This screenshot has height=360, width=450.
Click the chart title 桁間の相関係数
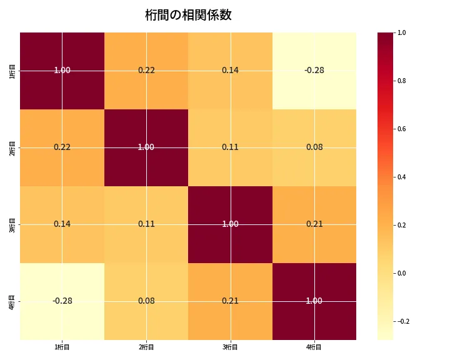pyautogui.click(x=188, y=15)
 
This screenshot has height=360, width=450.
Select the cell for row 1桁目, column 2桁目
pyautogui.click(x=146, y=70)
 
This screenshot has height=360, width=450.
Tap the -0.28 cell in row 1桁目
pyautogui.click(x=314, y=70)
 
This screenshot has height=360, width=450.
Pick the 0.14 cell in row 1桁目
pyautogui.click(x=230, y=70)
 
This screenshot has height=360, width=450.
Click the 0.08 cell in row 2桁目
pyautogui.click(x=314, y=147)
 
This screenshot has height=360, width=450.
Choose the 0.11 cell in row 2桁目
pyautogui.click(x=230, y=147)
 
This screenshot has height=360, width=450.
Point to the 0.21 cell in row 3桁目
pyautogui.click(x=314, y=224)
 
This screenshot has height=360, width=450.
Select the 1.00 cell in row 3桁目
pyautogui.click(x=230, y=224)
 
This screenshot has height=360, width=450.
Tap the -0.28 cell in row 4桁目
pyautogui.click(x=62, y=301)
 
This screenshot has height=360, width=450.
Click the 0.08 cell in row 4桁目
pyautogui.click(x=146, y=301)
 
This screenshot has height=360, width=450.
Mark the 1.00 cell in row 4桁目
pyautogui.click(x=314, y=301)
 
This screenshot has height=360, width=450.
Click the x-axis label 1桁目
pyautogui.click(x=62, y=347)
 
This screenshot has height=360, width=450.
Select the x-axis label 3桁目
pyautogui.click(x=230, y=347)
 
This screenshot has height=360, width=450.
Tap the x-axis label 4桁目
pyautogui.click(x=314, y=347)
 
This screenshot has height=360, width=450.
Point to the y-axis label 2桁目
pyautogui.click(x=12, y=147)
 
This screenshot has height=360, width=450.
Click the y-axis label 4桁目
pyautogui.click(x=12, y=301)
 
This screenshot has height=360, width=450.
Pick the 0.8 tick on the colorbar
pyautogui.click(x=402, y=81)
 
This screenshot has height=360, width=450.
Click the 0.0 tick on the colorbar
pyautogui.click(x=402, y=273)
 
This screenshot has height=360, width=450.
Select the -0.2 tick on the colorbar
pyautogui.click(x=403, y=321)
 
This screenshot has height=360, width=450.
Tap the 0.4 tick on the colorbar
pyautogui.click(x=402, y=177)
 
